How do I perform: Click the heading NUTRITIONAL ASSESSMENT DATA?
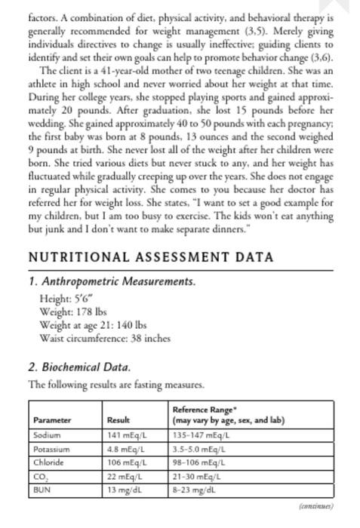(140, 256)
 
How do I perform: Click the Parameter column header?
(52, 420)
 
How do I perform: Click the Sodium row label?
(46, 435)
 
